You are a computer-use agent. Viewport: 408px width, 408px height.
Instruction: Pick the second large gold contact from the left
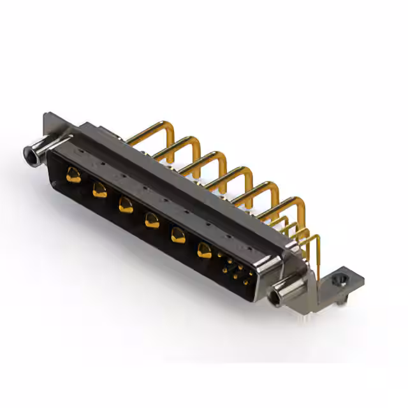(x=99, y=189)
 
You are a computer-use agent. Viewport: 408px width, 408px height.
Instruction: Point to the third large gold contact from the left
(x=124, y=204)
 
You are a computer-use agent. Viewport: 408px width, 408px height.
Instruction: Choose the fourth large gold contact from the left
(x=151, y=220)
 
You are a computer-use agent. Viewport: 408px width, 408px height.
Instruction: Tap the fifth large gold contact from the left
(x=177, y=235)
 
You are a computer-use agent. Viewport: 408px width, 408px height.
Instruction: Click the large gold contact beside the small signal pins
(x=204, y=250)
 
